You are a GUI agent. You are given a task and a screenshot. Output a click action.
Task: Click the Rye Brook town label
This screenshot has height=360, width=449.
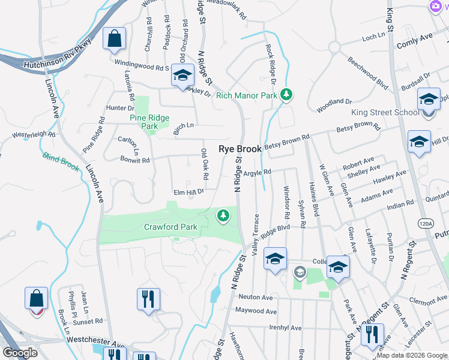coord(240,149)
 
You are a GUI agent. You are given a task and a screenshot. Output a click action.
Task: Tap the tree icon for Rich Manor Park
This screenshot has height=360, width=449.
coord(288,94)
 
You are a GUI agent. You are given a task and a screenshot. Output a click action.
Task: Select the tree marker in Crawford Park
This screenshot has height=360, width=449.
coord(223,215)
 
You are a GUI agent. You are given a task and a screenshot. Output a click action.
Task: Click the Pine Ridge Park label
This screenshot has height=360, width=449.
coord(149,122)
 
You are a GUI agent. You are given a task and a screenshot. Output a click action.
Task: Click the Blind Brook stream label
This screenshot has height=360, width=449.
coord(61,163)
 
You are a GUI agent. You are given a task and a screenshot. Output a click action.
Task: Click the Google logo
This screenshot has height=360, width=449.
coord(20,353)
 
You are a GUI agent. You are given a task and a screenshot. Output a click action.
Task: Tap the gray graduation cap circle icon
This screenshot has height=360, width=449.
coord(300,273)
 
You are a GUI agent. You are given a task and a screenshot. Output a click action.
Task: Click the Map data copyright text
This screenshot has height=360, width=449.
coord(412,355)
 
